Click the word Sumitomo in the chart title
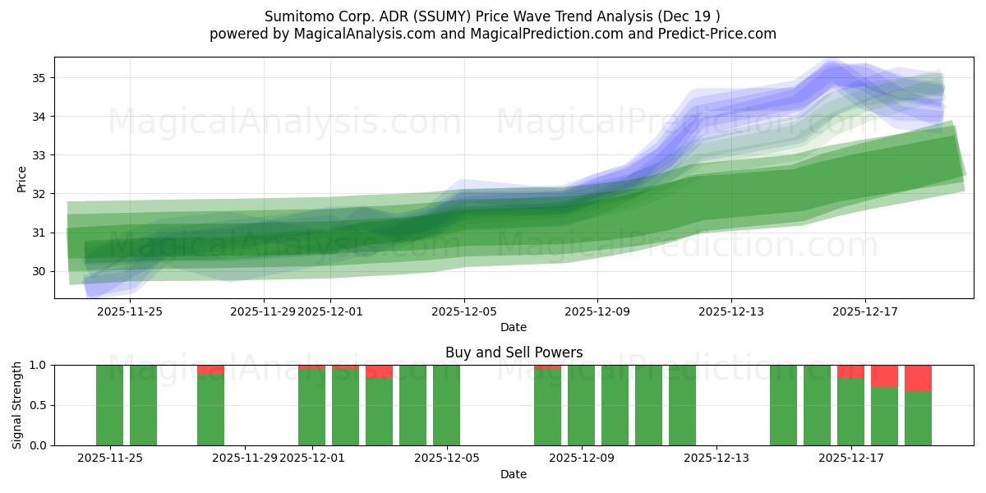click(294, 16)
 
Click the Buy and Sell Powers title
click(514, 352)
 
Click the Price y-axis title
click(22, 178)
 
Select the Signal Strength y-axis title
click(17, 405)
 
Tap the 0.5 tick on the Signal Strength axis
click(37, 405)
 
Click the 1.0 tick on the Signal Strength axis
click(37, 365)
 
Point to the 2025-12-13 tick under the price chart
click(731, 311)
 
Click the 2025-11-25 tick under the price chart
click(130, 311)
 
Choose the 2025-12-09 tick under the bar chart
click(582, 458)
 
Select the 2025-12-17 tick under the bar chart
click(850, 458)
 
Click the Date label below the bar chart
click(514, 474)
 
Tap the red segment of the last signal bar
click(918, 378)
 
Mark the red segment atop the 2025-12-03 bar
click(379, 371)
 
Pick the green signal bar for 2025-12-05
click(446, 405)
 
